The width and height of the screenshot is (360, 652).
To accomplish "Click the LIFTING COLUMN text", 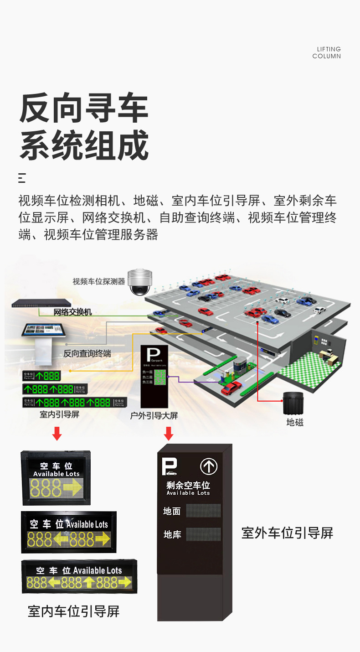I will click(x=327, y=52).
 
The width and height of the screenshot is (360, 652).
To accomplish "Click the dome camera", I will click(x=140, y=282).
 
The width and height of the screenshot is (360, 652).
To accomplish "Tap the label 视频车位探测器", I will click(x=98, y=282).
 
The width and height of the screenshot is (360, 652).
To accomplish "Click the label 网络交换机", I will click(x=72, y=312).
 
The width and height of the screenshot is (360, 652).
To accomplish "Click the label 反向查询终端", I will click(x=87, y=353).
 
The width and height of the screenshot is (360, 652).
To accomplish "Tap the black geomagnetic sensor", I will click(x=293, y=403).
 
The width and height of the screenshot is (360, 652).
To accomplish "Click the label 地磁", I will click(x=295, y=423).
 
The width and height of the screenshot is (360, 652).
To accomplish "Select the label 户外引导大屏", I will click(x=154, y=415).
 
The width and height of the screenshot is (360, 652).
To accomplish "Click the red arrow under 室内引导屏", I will click(x=57, y=434).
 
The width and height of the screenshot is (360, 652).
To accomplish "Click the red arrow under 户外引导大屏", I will click(x=169, y=433).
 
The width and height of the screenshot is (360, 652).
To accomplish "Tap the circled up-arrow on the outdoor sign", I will click(x=209, y=466).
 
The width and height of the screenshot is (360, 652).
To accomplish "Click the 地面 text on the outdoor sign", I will click(x=172, y=511).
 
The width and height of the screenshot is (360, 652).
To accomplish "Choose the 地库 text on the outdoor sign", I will click(x=172, y=534).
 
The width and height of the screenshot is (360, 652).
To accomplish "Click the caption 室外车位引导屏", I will click(x=287, y=533).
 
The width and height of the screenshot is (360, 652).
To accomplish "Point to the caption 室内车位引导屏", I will click(x=74, y=611).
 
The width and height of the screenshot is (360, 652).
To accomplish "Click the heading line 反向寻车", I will click(x=84, y=109).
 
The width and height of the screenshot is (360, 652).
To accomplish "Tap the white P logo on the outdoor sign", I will click(x=169, y=466).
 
